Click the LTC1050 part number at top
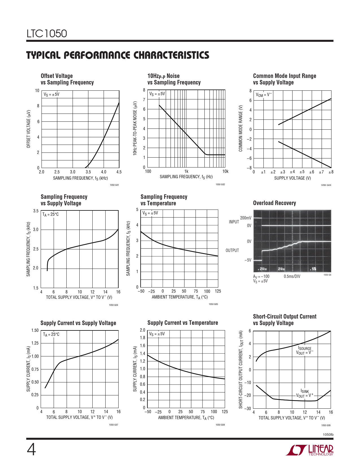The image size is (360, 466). point(47,34)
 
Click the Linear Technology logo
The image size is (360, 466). point(309,450)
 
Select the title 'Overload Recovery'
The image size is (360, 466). point(274,203)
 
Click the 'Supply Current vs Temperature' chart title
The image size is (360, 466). point(183,323)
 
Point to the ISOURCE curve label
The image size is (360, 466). point(305,349)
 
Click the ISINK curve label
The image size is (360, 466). point(305,391)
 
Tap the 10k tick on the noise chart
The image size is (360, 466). point(225,171)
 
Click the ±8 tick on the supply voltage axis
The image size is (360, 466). point(331,172)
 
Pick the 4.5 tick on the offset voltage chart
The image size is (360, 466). point(119,172)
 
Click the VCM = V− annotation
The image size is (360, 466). point(264,95)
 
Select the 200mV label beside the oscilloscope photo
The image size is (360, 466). point(246,218)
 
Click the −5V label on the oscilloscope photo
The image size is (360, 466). point(248,260)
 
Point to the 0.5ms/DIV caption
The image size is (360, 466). point(292,276)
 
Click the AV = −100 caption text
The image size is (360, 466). point(261,276)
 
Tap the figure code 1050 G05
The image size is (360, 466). point(213,304)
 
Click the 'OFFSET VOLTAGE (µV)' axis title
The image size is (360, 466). point(29,129)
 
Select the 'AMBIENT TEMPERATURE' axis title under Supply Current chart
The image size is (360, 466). point(186,418)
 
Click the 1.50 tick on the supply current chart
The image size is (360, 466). point(35,330)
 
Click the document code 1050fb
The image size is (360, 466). point(328,435)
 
